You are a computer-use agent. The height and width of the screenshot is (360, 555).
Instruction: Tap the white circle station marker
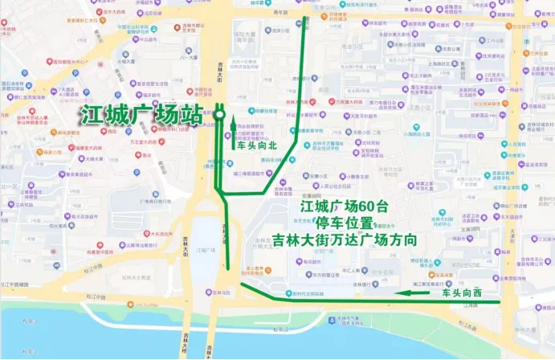[x=218, y=115]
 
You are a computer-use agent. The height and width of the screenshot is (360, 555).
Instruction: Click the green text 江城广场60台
[x=344, y=207]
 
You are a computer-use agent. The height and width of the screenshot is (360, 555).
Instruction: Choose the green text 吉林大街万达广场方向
[x=344, y=240]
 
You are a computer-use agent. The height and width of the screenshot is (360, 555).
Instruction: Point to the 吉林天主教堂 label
[x=133, y=277]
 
